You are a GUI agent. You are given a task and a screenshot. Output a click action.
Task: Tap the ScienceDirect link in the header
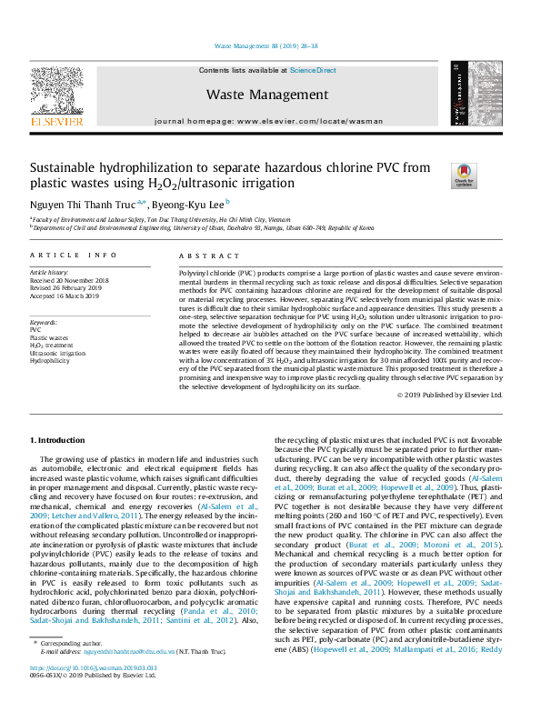click(x=313, y=70)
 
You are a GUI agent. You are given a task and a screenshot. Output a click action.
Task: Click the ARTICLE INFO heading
click(x=73, y=257)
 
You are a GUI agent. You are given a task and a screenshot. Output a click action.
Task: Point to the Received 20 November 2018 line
click(x=69, y=280)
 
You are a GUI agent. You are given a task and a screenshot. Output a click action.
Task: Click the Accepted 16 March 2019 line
click(x=65, y=295)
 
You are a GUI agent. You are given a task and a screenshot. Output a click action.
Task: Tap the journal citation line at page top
click(x=270, y=45)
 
